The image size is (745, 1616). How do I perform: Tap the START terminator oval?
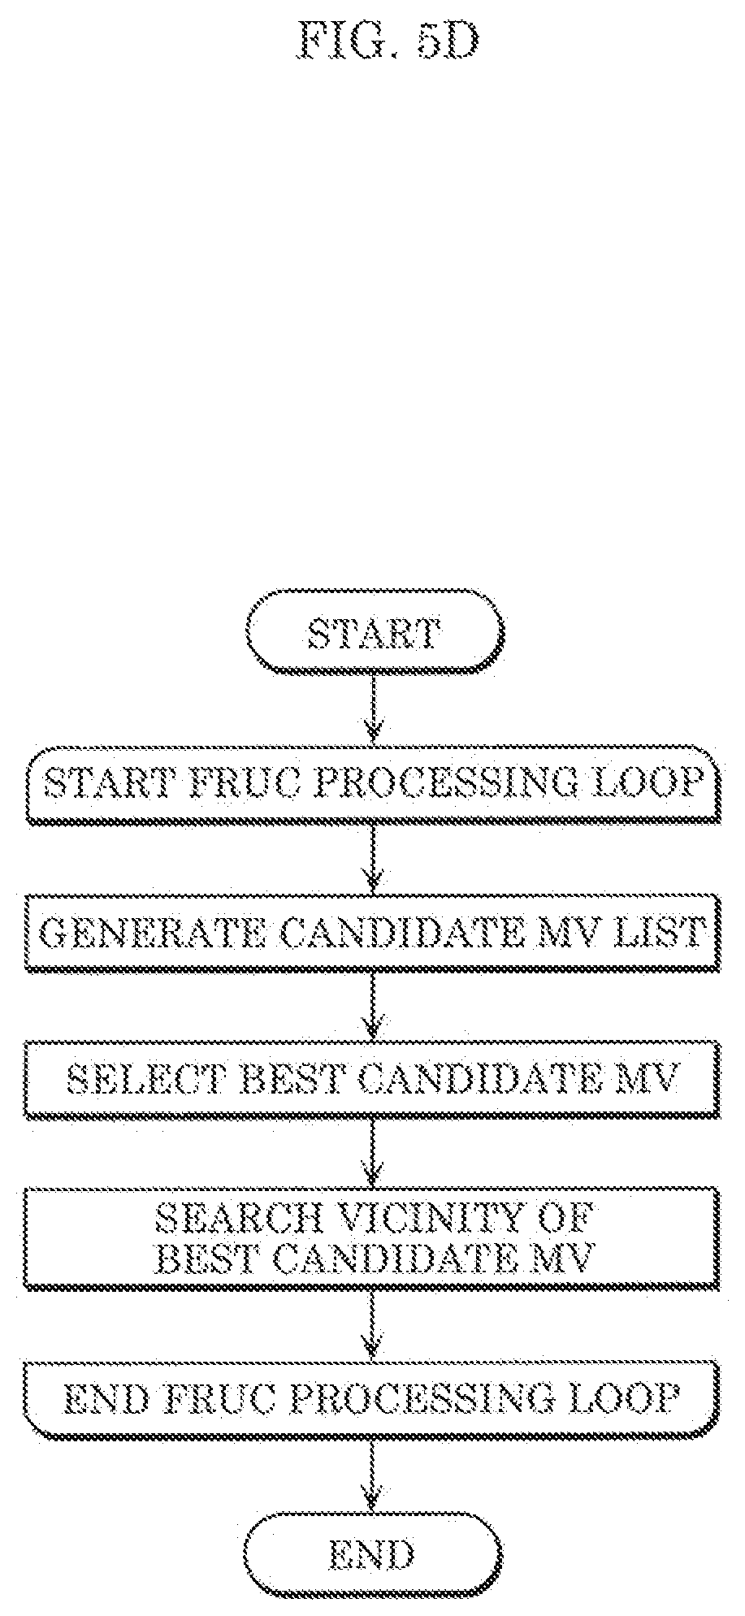tap(374, 631)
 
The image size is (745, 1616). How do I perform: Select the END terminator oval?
tap(373, 1552)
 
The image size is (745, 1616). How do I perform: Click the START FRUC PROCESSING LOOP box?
tap(373, 783)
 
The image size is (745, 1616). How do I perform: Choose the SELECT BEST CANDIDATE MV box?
tap(373, 1078)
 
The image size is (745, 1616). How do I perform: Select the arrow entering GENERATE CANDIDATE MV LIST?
tap(373, 859)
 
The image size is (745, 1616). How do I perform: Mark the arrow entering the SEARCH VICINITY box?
tap(373, 1152)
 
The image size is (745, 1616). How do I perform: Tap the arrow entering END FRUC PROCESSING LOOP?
tap(373, 1324)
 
